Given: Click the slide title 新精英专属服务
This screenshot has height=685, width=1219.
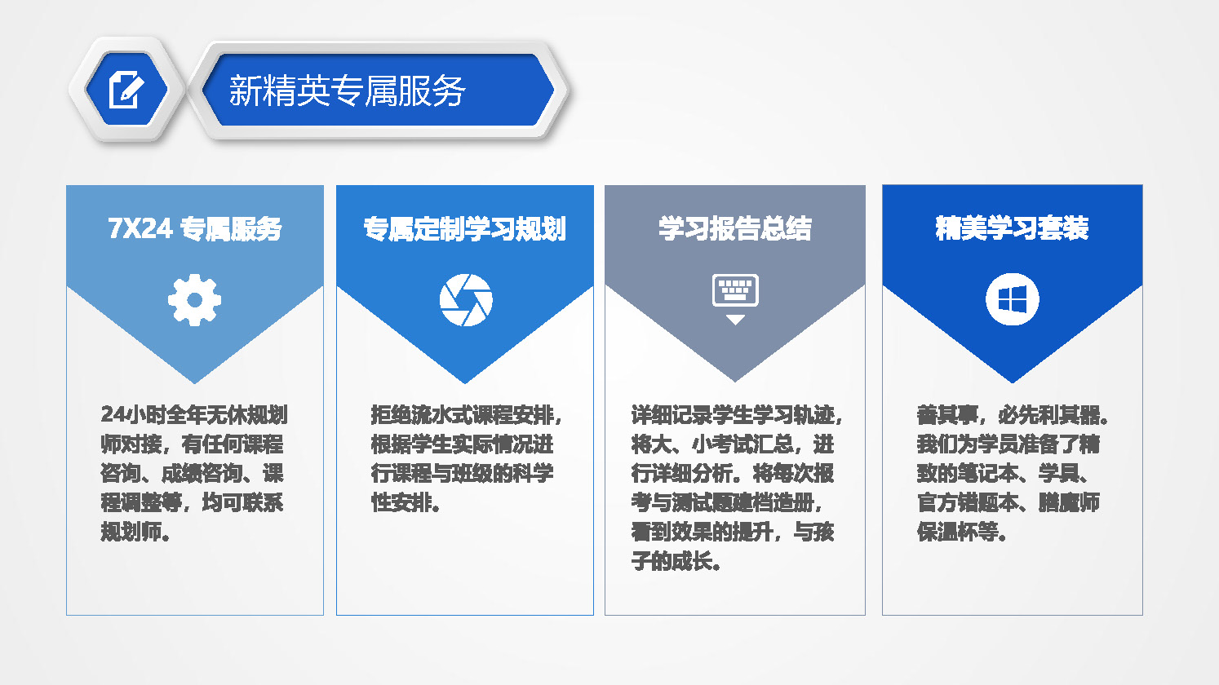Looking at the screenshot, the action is pyautogui.click(x=347, y=91).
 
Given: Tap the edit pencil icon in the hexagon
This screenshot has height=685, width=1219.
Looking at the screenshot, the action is pyautogui.click(x=126, y=90).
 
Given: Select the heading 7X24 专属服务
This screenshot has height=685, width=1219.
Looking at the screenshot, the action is pyautogui.click(x=195, y=228).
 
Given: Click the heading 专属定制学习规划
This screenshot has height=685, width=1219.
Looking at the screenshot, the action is pyautogui.click(x=465, y=228).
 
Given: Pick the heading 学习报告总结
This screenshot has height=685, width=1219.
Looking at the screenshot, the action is pyautogui.click(x=734, y=228).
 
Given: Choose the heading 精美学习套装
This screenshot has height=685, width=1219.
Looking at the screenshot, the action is pyautogui.click(x=1012, y=228).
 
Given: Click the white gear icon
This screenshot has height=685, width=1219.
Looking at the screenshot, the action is pyautogui.click(x=194, y=300).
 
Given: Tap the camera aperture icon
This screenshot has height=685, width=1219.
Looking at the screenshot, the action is pyautogui.click(x=466, y=300).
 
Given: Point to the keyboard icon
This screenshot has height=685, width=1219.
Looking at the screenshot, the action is pyautogui.click(x=735, y=290).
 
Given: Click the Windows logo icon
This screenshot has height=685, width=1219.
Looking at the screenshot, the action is pyautogui.click(x=1013, y=299).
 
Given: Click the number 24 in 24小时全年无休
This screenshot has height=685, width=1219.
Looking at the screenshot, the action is pyautogui.click(x=113, y=414).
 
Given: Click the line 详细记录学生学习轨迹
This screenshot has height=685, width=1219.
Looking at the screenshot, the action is pyautogui.click(x=733, y=415).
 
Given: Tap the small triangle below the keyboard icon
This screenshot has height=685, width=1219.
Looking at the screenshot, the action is pyautogui.click(x=735, y=320).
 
